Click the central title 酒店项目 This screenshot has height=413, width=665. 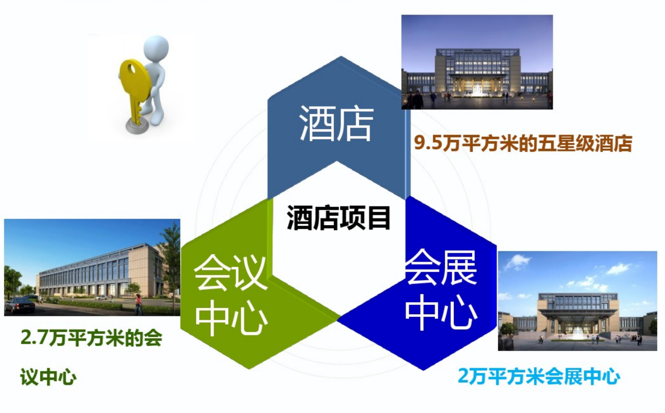click(x=338, y=218)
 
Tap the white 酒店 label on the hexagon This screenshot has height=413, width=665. click(x=336, y=123)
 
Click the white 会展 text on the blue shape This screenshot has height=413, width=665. click(x=441, y=267)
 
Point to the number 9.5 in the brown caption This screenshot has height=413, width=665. click(x=427, y=143)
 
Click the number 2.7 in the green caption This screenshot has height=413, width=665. click(x=34, y=338)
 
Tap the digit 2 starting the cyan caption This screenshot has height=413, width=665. click(x=463, y=376)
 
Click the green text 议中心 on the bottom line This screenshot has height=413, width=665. click(x=48, y=377)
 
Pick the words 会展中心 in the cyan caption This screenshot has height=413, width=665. click(x=582, y=376)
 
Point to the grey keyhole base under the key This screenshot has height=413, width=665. click(x=137, y=127)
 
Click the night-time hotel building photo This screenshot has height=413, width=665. click(x=477, y=62)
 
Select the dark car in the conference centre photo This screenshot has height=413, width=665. click(x=20, y=305)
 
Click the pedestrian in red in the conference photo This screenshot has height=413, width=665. click(x=138, y=305)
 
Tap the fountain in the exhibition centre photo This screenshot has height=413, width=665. click(x=578, y=334)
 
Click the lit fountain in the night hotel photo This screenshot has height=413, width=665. click(x=477, y=91)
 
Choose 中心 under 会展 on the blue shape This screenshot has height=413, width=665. click(x=441, y=312)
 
